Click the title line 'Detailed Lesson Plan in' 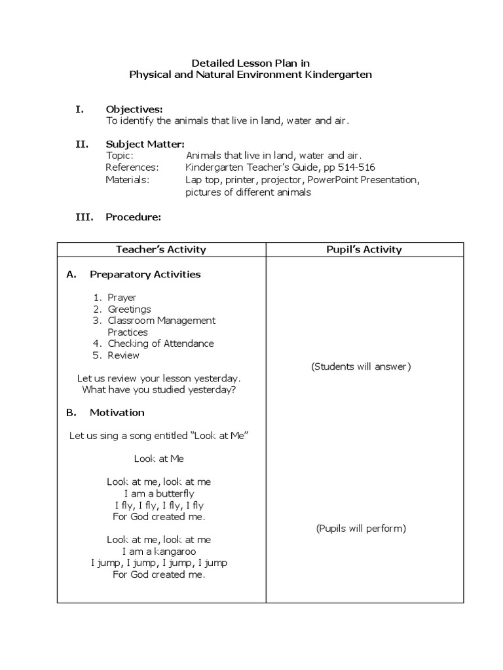tap(251, 63)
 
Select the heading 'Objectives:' tap(134, 109)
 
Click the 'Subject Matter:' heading tap(145, 144)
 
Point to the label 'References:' tap(132, 167)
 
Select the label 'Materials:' tap(127, 179)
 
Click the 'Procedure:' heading tap(133, 217)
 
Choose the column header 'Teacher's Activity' tap(161, 249)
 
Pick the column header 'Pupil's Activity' tap(364, 249)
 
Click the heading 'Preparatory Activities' tap(145, 275)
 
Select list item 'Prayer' tap(122, 298)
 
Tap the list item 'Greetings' tap(129, 309)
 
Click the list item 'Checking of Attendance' tap(160, 344)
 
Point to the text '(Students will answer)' tap(361, 366)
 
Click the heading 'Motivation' tap(117, 413)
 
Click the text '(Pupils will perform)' tap(361, 529)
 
